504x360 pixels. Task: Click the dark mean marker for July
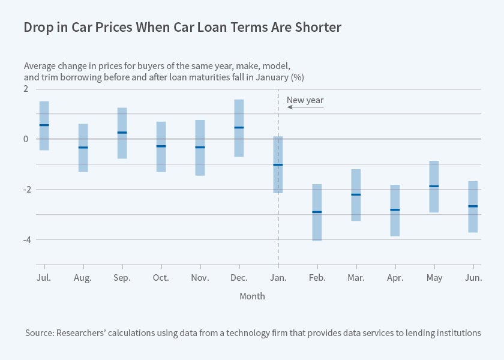[x=44, y=125]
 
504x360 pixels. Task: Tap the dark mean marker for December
[x=239, y=128]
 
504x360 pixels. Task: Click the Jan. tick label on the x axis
[x=278, y=277]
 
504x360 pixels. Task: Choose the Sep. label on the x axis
[x=122, y=277]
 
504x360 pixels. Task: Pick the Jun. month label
[x=473, y=277]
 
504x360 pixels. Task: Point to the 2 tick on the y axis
[x=26, y=89]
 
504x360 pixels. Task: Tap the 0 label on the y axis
[x=26, y=139]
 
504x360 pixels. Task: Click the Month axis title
[x=252, y=296]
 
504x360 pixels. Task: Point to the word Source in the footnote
[x=40, y=332]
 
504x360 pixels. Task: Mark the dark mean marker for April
[x=395, y=210]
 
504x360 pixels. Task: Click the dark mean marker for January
[x=278, y=165]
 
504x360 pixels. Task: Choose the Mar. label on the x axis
[x=356, y=277]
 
